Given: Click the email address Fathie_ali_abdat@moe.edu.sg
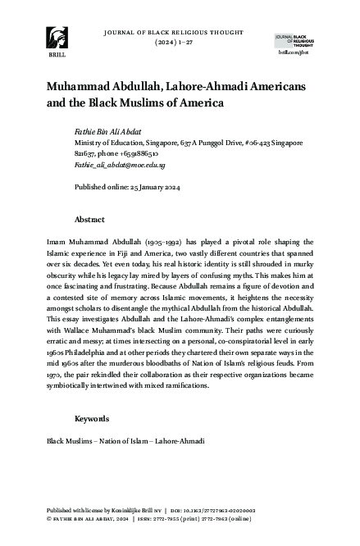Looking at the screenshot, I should coord(108,164).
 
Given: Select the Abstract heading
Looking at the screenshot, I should coord(89,220).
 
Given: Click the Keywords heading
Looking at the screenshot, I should coord(91,419).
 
